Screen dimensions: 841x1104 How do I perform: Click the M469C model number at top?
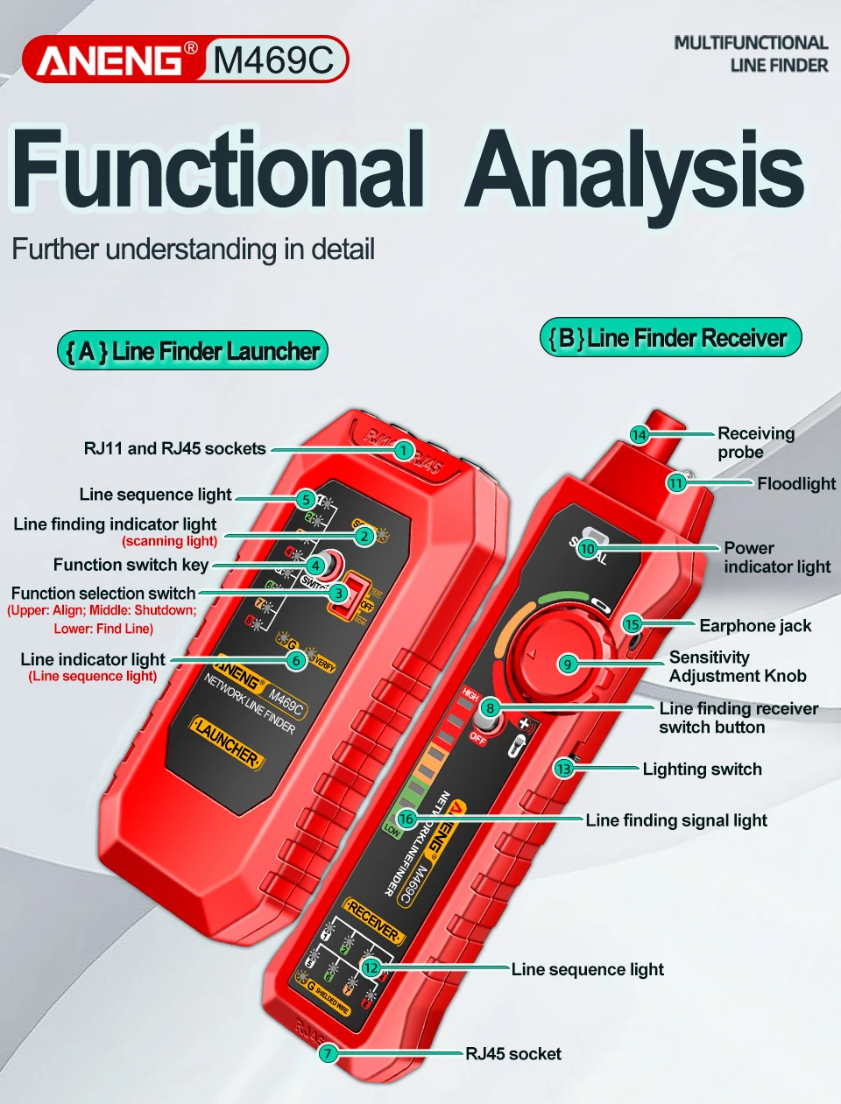coord(272,60)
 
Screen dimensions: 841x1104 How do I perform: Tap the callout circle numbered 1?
coord(402,450)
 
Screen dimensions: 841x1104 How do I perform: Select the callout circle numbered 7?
coord(328,1053)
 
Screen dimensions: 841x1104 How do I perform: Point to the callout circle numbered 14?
coord(639,434)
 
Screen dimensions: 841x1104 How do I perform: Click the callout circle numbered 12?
coord(371,967)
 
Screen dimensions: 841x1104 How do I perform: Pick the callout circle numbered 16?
coord(406,819)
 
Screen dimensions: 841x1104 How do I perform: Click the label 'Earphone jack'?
coord(754,625)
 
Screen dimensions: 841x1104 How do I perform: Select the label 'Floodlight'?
coord(795,483)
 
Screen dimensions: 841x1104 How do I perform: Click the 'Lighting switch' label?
coord(702,769)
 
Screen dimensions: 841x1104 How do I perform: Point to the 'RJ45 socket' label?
coord(513,1053)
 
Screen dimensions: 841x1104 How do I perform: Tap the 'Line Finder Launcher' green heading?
coord(193,351)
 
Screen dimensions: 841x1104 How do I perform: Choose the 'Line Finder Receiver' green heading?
coord(670,338)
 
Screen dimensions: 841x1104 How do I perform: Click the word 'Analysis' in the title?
coord(634,172)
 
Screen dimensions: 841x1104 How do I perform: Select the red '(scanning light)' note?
coord(170,541)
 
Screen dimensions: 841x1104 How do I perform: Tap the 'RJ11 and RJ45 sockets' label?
coord(174,448)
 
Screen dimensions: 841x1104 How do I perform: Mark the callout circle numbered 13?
coord(563,769)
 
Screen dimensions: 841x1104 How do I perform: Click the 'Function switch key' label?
coord(131,565)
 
